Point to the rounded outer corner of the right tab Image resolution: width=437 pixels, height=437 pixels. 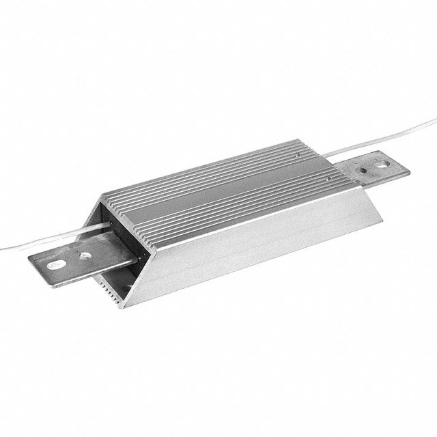click(x=407, y=170)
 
